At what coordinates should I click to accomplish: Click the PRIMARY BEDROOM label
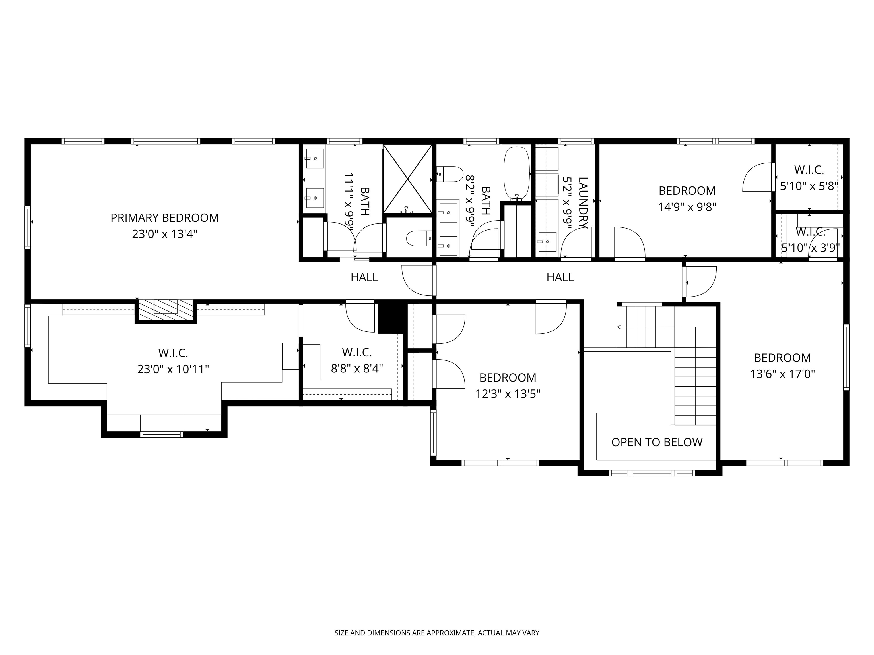tap(164, 218)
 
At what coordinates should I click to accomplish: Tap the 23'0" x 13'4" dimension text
tap(164, 235)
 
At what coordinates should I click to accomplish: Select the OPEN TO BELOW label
tap(657, 442)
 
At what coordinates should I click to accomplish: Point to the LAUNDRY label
tap(583, 202)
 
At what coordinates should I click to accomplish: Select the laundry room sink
tap(547, 242)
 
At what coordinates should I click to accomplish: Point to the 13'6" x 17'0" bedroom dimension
tap(782, 374)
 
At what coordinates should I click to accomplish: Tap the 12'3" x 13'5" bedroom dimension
tap(508, 394)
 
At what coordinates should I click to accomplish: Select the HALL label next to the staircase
tap(560, 277)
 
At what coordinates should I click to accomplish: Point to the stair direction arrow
tap(619, 327)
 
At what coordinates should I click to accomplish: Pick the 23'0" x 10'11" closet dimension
tap(173, 370)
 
